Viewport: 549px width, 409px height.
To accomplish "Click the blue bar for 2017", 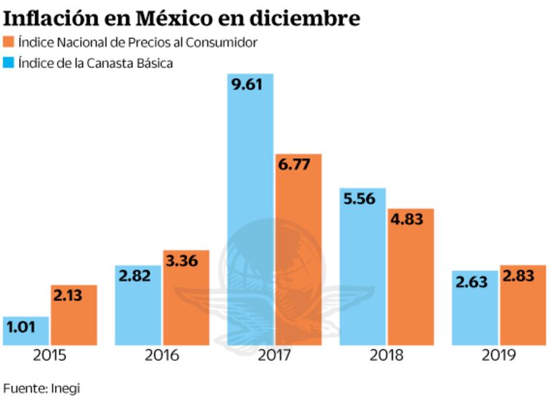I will point(250,211).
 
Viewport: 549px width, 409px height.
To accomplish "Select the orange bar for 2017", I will point(299,251).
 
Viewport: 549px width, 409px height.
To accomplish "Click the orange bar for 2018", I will point(410,277).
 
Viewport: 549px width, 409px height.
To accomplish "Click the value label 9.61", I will point(250,87).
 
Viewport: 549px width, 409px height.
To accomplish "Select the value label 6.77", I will point(299,167).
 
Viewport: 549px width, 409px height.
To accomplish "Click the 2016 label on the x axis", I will point(162,356).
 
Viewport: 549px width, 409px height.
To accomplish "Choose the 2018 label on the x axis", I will point(386,356).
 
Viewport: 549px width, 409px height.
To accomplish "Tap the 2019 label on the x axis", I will point(499,356).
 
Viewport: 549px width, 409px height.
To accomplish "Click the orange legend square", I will point(8,42).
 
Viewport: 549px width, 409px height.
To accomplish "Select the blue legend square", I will point(8,63).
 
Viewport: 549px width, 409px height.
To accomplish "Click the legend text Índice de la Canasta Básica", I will point(96,63).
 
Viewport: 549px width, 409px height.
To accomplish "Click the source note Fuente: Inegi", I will point(41,388).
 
